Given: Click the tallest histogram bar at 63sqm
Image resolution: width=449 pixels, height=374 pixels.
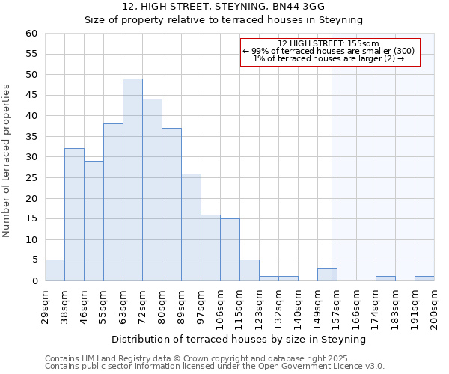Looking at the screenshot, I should click(132, 180).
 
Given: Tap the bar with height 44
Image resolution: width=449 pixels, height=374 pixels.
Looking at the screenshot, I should click(152, 190).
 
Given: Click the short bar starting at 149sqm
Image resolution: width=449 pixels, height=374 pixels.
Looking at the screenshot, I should click(327, 275).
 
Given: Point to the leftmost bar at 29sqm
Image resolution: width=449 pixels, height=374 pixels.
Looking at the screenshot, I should click(55, 271).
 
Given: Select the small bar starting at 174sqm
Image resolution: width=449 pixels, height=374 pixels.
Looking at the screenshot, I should click(385, 278).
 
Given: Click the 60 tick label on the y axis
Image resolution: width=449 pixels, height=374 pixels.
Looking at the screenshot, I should click(31, 34).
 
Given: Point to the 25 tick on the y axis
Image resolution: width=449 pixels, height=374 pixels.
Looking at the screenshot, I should click(31, 178).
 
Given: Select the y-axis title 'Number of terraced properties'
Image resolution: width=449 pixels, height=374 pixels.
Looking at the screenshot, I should click(7, 160).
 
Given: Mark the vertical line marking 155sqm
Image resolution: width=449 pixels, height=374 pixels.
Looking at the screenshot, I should click(332, 165).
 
